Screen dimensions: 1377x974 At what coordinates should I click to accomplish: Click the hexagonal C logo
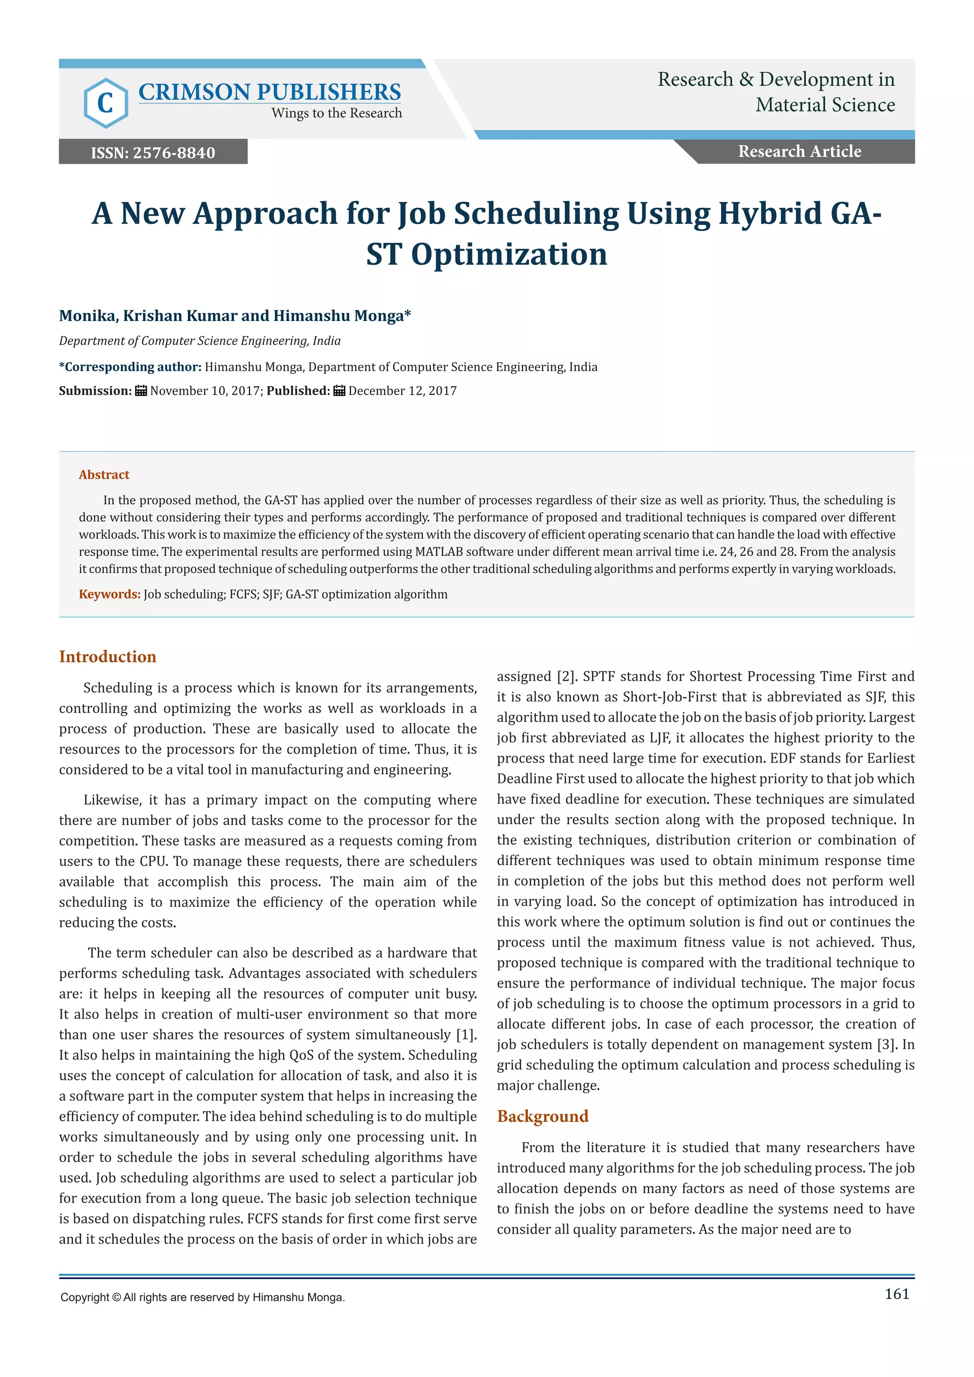[106, 103]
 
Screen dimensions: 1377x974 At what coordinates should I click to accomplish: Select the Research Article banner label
[799, 151]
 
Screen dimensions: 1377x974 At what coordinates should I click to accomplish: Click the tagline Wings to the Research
[336, 113]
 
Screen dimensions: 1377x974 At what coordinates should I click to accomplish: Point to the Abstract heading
[104, 475]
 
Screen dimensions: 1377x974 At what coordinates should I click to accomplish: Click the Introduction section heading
[107, 657]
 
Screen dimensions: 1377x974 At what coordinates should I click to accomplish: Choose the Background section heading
[542, 1116]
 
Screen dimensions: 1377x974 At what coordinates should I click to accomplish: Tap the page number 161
[896, 1294]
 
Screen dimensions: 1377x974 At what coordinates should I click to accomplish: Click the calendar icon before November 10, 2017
[141, 391]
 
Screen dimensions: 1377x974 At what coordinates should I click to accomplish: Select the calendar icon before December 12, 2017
[340, 391]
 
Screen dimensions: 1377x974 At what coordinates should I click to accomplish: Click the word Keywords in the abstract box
[109, 594]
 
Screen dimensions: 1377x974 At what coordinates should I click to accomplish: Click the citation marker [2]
[566, 677]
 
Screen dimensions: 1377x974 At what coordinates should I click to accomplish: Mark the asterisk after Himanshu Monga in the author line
[408, 314]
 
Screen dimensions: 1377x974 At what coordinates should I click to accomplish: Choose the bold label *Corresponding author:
[130, 367]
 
